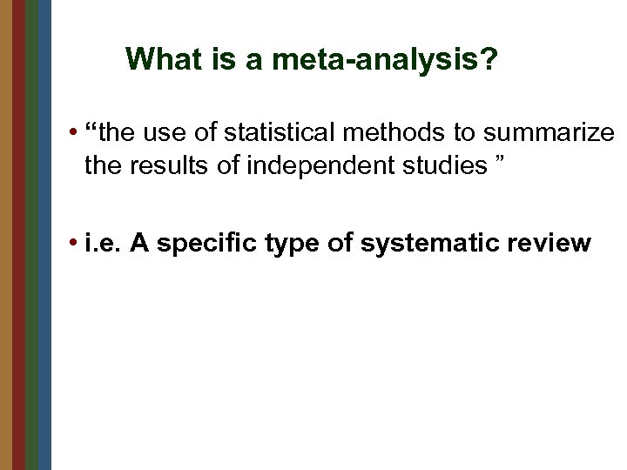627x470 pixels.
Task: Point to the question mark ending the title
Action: pyautogui.click(x=490, y=59)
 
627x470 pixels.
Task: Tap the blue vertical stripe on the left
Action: pyautogui.click(x=45, y=235)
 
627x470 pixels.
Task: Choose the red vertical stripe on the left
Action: pyautogui.click(x=19, y=235)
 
